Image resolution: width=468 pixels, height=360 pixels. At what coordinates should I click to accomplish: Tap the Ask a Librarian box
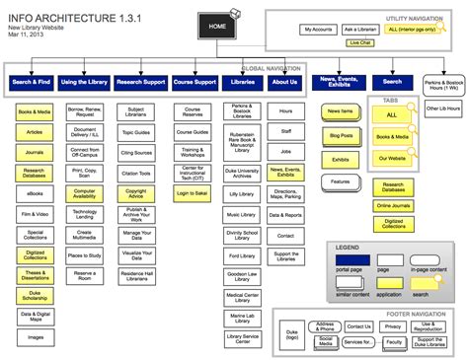(361, 30)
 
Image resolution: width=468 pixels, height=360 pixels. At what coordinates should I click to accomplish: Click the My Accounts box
(318, 30)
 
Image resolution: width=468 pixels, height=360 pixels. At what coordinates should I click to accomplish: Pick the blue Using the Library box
(84, 82)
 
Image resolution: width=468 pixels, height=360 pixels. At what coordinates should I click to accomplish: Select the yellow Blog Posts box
(341, 135)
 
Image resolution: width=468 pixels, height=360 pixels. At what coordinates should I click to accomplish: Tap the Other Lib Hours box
(441, 107)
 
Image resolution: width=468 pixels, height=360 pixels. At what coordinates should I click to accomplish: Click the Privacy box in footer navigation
(393, 325)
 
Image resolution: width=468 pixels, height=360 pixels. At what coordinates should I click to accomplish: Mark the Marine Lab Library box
(242, 317)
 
